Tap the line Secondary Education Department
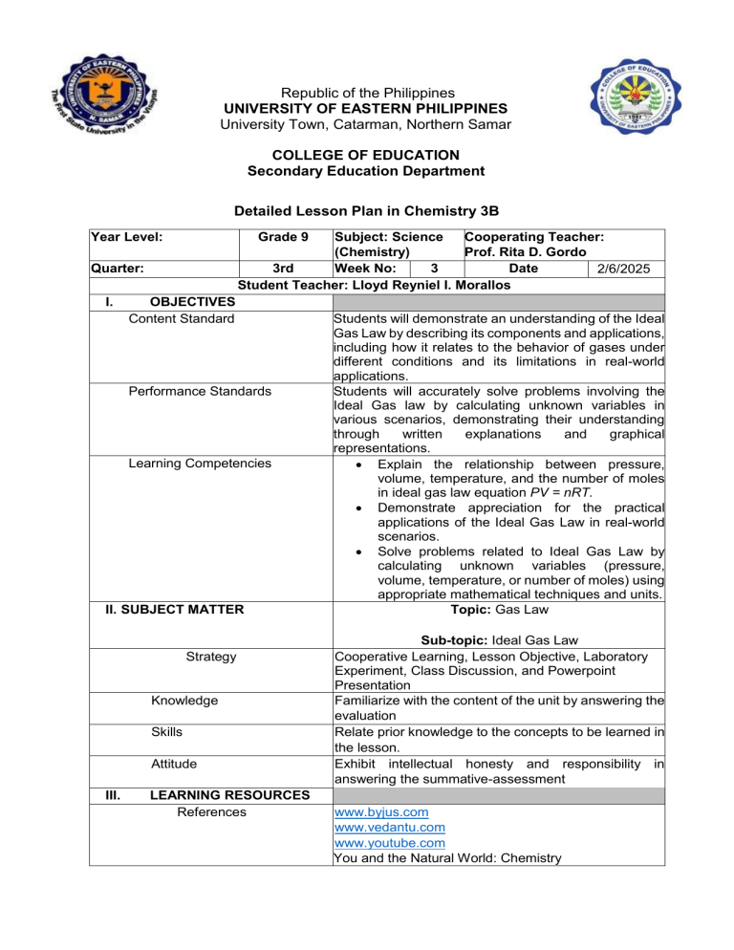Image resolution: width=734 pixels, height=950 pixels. point(367,171)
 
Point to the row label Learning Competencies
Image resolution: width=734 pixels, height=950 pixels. point(200,464)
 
